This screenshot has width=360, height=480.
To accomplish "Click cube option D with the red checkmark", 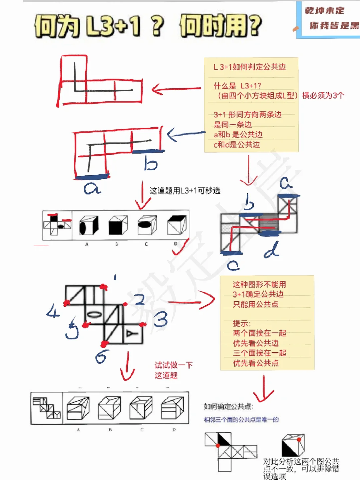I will click(x=177, y=225).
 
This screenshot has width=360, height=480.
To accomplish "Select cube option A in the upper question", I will click(x=88, y=226).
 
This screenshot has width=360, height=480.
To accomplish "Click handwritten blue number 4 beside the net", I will click(x=53, y=312).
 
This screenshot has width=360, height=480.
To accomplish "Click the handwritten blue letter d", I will click(x=272, y=250).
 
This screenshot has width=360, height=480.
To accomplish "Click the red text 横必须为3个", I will click(x=323, y=95).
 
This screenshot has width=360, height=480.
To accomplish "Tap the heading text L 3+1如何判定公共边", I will click(x=250, y=67).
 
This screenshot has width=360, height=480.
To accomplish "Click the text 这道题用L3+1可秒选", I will click(x=185, y=191).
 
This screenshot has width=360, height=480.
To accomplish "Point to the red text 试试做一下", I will click(x=174, y=365).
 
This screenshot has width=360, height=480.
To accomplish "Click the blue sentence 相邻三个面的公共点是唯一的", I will click(x=241, y=419).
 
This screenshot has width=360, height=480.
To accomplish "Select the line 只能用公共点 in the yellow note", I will click(x=256, y=304).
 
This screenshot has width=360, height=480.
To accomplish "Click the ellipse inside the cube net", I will click(x=94, y=314).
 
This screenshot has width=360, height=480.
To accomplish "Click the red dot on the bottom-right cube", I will click(x=299, y=440).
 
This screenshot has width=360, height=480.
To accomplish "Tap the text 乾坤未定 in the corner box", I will click(x=324, y=11).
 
